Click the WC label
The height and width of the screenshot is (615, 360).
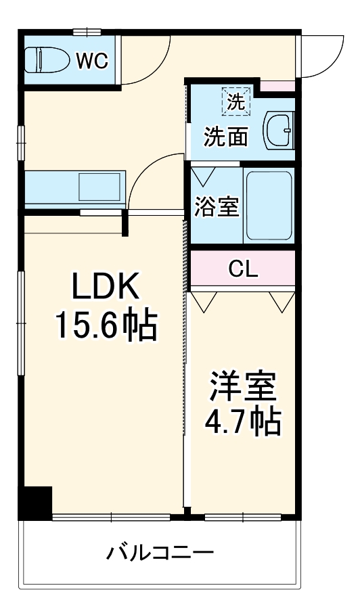(92, 61)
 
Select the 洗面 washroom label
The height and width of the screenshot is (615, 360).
(226, 137)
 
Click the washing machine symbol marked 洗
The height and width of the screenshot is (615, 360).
(236, 102)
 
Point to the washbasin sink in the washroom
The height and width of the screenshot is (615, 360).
(279, 131)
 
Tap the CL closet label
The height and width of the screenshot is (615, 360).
(243, 269)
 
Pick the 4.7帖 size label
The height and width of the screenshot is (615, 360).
(243, 422)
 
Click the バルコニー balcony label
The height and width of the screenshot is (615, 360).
(161, 553)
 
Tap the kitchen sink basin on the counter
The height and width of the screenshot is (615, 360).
(99, 187)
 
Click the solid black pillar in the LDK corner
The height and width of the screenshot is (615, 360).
(36, 503)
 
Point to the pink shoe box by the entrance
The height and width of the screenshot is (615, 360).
(277, 86)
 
